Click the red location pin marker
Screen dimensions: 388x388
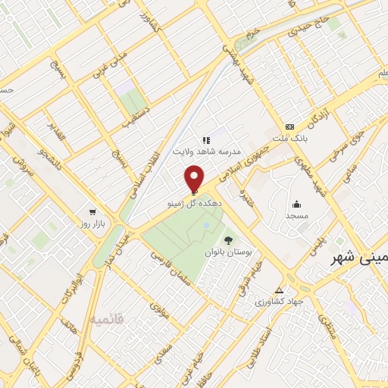(x=194, y=179)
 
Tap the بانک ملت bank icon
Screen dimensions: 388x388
(x=289, y=127)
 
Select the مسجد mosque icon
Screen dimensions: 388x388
(x=296, y=203)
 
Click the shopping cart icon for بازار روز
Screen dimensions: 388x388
(x=92, y=212)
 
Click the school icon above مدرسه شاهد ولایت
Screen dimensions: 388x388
(x=205, y=140)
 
